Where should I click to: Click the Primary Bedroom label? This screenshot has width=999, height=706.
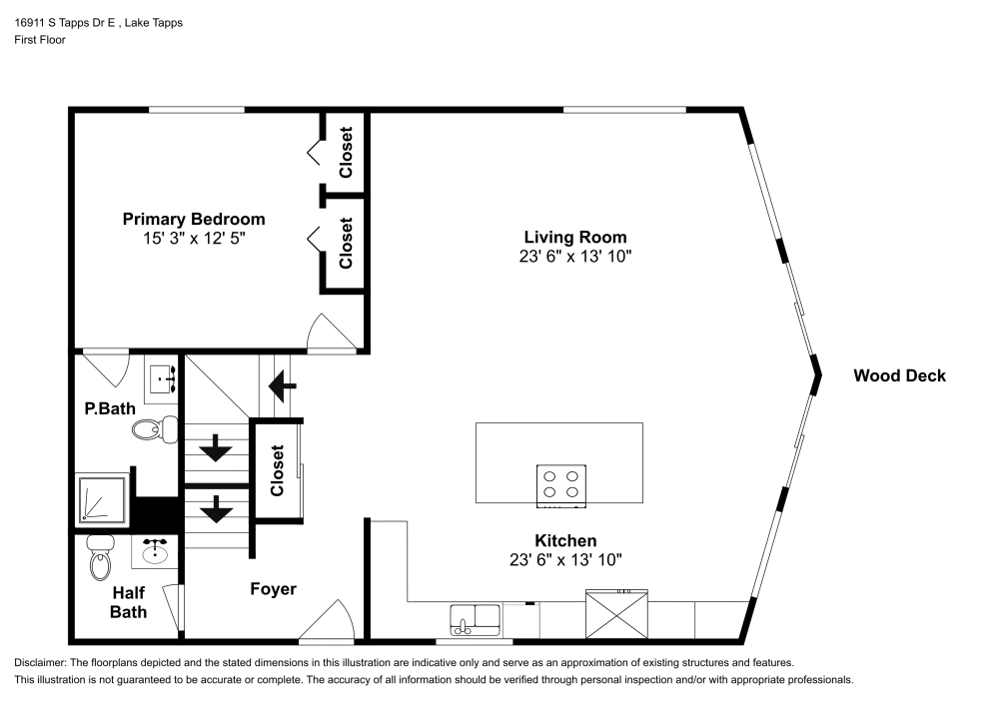coord(194,219)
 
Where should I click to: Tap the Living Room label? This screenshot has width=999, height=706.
coord(575,237)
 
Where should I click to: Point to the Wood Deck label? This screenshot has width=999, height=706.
coord(899,375)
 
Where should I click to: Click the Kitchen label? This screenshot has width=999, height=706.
coord(565,540)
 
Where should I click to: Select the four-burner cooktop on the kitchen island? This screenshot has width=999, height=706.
coord(560,483)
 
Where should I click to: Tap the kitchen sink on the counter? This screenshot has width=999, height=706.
coord(476,619)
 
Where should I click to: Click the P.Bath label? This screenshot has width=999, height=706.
coord(102,407)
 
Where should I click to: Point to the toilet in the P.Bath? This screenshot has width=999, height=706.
coord(151,429)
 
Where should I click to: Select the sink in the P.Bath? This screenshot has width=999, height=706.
coord(162,378)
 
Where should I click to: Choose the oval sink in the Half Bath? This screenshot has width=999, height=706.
coord(154,551)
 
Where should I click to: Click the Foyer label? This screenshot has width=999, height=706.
coord(273,589)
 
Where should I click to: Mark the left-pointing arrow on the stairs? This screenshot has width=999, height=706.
coord(283,381)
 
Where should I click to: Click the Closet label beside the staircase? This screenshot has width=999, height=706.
coord(278,470)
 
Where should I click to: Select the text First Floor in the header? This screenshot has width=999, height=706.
coord(40,40)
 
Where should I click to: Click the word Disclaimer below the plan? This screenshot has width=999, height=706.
coord(39,663)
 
